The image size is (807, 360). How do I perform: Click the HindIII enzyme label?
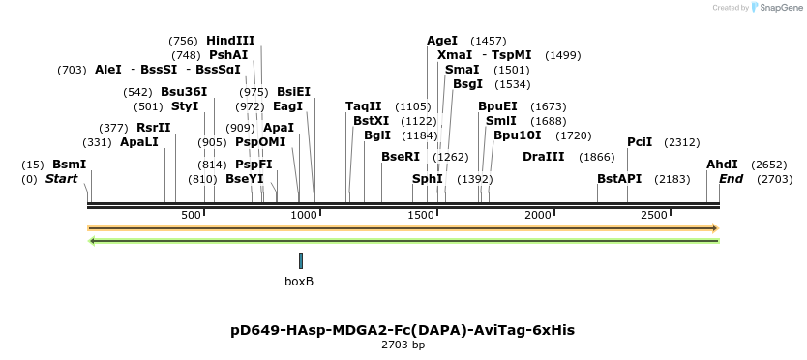[x=230, y=41]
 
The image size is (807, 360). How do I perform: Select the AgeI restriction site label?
[x=442, y=41]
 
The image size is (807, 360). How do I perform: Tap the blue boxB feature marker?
[x=301, y=260]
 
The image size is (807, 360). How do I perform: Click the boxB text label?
[x=299, y=282]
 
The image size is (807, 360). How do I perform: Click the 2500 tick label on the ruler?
[x=654, y=214]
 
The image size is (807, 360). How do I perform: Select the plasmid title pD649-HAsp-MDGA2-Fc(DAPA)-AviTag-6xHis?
[x=403, y=330]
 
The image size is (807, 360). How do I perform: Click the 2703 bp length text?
[x=403, y=345]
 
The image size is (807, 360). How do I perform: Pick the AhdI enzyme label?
[x=722, y=165]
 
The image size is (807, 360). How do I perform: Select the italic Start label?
[x=61, y=179]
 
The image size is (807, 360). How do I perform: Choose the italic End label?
[x=731, y=179]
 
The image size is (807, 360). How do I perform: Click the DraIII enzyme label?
[x=543, y=157]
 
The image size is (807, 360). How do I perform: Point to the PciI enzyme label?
[x=640, y=142]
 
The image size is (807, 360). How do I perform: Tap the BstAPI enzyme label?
[x=619, y=179]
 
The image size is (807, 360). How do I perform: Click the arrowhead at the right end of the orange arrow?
[x=715, y=228]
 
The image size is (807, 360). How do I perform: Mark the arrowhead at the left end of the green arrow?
[x=92, y=240]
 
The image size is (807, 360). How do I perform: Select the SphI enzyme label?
[x=427, y=179]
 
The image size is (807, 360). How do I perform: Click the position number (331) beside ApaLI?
[x=97, y=142]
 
